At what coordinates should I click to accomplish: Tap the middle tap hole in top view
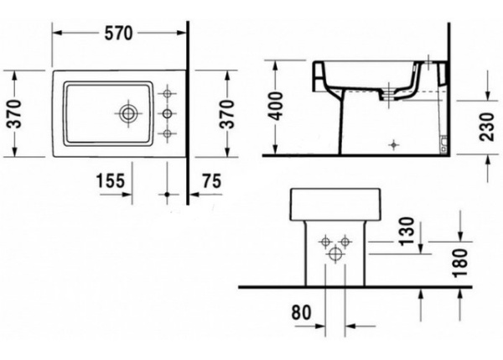tap(167, 112)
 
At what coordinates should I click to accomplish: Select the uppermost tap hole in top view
tap(167, 91)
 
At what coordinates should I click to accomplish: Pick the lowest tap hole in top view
tap(167, 133)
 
